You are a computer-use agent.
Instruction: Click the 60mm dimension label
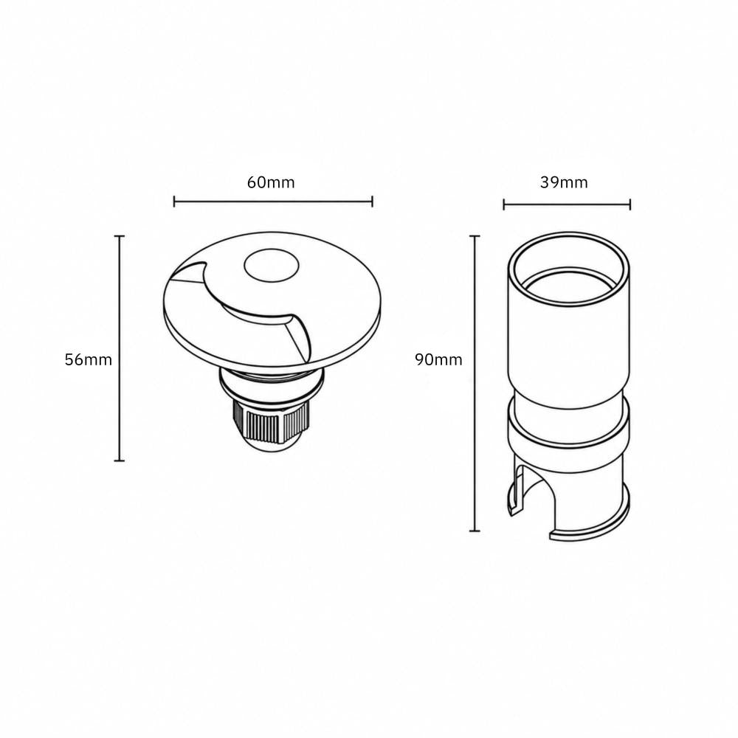click(x=271, y=182)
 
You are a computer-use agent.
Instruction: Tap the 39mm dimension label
click(x=564, y=182)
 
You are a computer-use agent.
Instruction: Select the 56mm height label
click(x=89, y=359)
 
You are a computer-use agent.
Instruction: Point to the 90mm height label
click(x=438, y=359)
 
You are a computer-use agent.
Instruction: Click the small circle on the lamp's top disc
click(x=272, y=266)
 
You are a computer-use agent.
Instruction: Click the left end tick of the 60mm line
click(x=174, y=201)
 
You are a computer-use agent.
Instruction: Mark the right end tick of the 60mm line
click(x=372, y=201)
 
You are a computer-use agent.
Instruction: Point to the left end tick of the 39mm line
click(x=503, y=204)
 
